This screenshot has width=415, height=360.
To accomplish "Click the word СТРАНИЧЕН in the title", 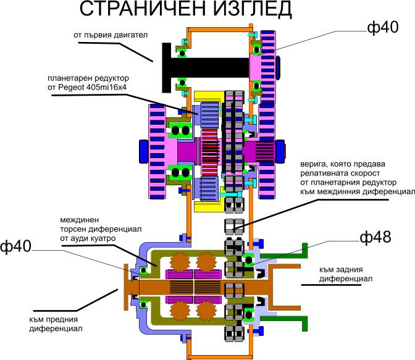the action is pos(143,9).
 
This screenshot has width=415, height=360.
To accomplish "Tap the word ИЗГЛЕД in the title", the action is pos(252,9).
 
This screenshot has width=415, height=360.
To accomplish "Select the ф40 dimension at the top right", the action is pos(383,27).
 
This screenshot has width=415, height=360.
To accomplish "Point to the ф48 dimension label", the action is pos(375,237).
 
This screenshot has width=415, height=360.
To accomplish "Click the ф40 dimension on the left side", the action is pos(15,247).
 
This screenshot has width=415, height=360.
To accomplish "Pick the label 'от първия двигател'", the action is pos(111,35).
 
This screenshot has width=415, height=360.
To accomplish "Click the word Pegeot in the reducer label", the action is pos(71,87).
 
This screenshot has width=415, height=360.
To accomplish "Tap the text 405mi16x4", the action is pos(107,87).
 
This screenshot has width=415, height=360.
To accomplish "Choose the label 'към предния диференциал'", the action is pos(56,324).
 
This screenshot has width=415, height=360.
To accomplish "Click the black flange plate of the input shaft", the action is pos(167,68).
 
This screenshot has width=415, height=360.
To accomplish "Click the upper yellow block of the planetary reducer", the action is pos(209,97).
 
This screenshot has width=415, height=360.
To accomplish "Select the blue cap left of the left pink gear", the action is pos(143,151).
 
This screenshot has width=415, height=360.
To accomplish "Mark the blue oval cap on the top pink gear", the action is pos(278,68).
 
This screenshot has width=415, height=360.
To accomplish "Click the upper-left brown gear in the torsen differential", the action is pos(180,262).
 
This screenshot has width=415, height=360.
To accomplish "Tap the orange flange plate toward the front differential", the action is pos(126,287).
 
